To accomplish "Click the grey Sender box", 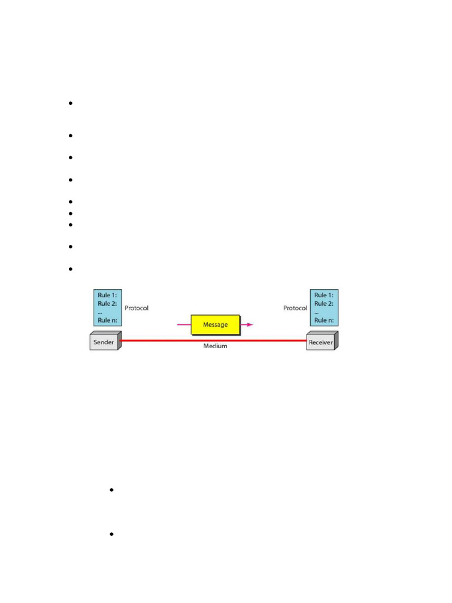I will [104, 342].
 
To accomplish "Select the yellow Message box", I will [215, 324].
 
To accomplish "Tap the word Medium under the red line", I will [215, 346].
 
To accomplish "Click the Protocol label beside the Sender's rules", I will [137, 308].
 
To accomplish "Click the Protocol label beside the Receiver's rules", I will [295, 308].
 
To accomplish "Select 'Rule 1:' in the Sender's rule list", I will [107, 295].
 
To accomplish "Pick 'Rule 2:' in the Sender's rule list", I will [107, 304].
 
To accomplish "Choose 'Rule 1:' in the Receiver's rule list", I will [324, 295].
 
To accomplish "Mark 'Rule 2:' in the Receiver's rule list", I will [324, 304].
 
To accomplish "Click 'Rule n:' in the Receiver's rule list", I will [324, 320].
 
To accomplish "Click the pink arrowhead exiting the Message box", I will [250, 324].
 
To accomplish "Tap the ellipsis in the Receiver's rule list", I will [316, 313].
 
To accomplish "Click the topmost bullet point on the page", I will [70, 104].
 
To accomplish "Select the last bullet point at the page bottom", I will [111, 534].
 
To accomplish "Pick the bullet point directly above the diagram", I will [70, 269].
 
